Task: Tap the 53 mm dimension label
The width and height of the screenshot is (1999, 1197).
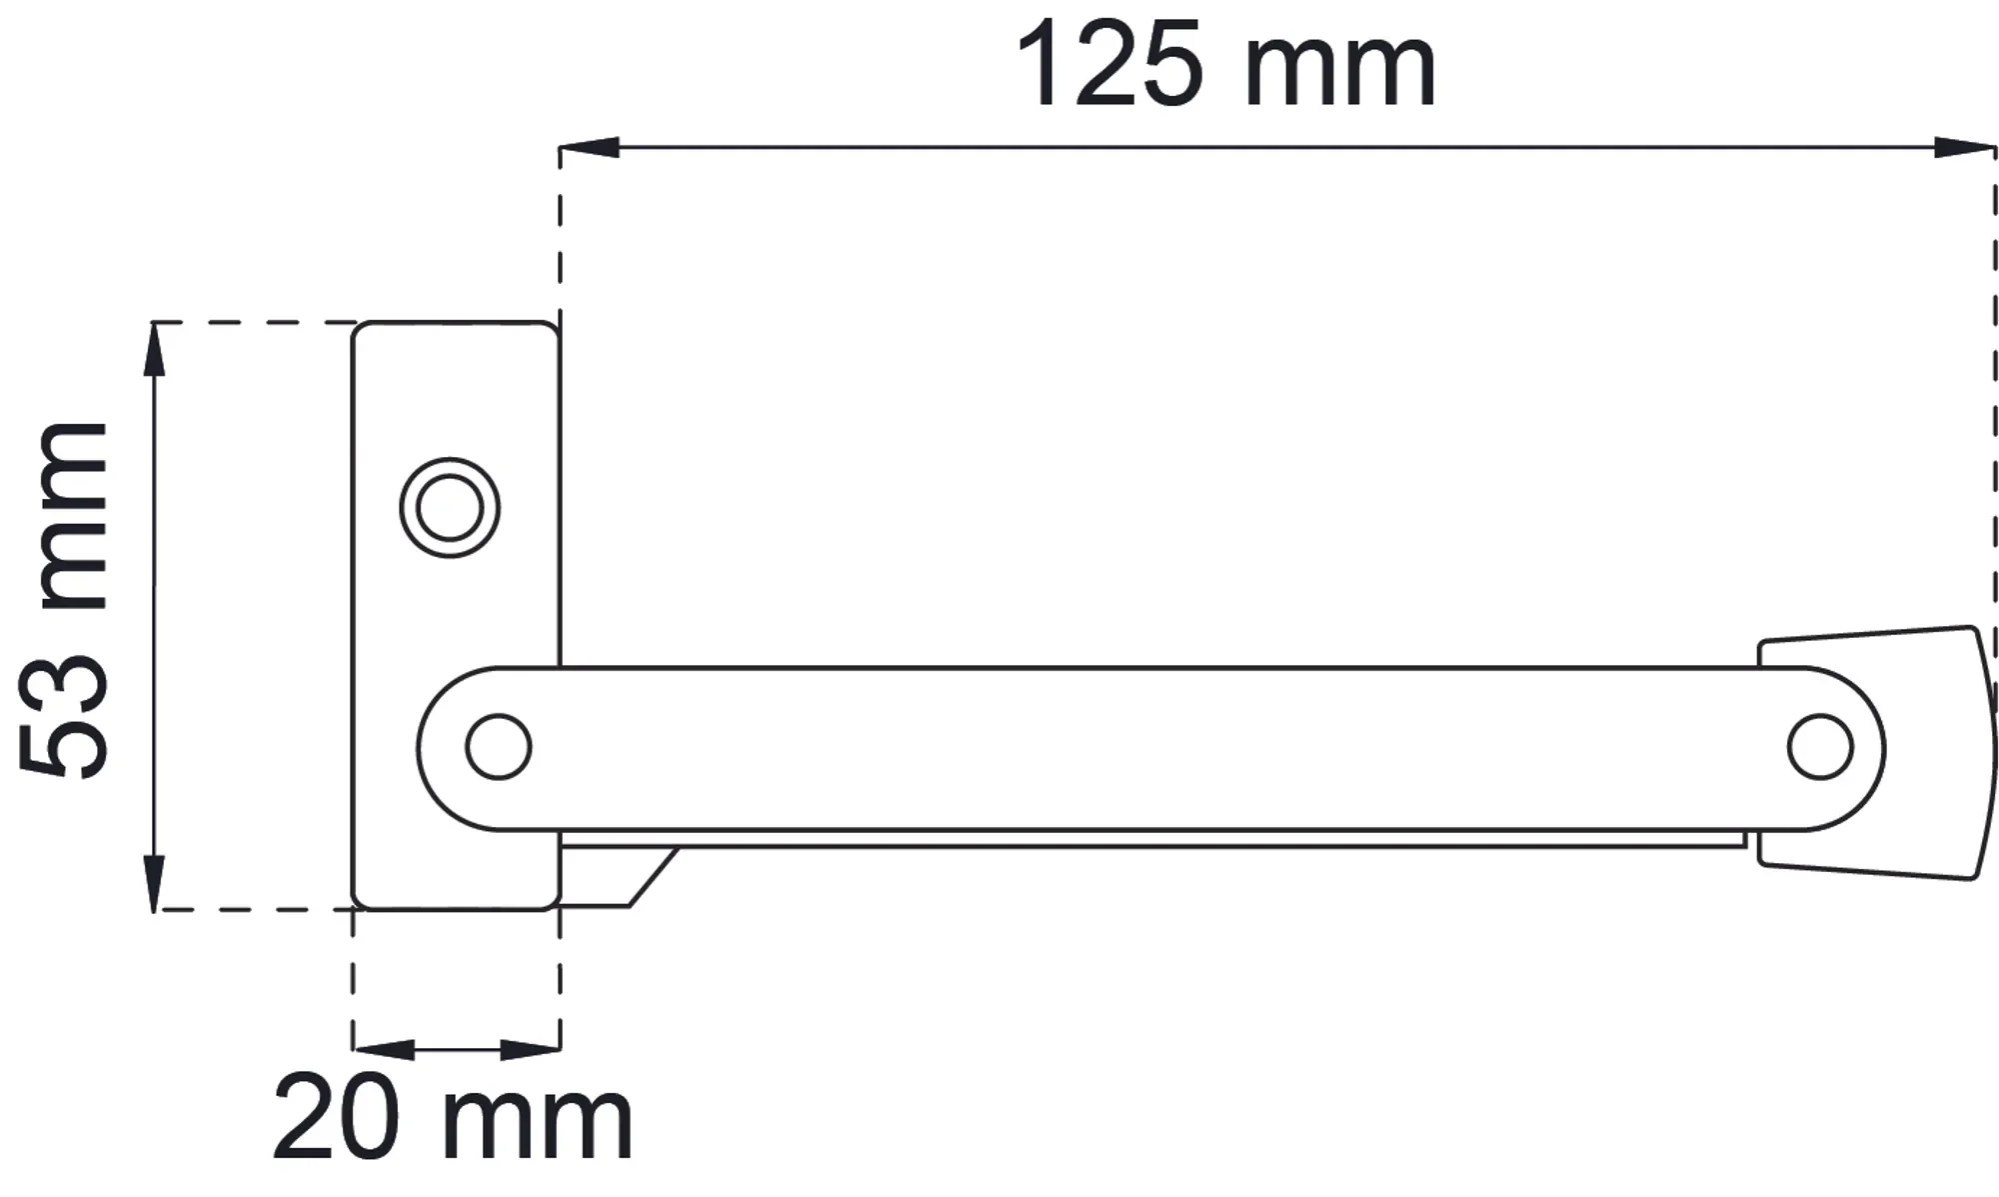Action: tap(63, 599)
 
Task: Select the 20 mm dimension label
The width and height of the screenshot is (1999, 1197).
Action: tap(452, 1117)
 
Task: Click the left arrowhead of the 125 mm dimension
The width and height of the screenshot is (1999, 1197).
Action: tap(589, 148)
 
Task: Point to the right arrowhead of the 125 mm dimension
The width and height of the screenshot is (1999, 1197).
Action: tap(1965, 148)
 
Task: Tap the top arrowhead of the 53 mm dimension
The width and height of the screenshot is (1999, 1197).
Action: tap(154, 350)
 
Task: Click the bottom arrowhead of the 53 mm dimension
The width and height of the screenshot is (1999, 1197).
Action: tap(154, 882)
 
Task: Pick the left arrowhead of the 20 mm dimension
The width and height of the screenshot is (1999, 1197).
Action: tap(383, 1050)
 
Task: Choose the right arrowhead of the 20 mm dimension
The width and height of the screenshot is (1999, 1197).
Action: tap(530, 1050)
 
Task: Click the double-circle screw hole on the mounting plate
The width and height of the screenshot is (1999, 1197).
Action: tap(450, 508)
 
